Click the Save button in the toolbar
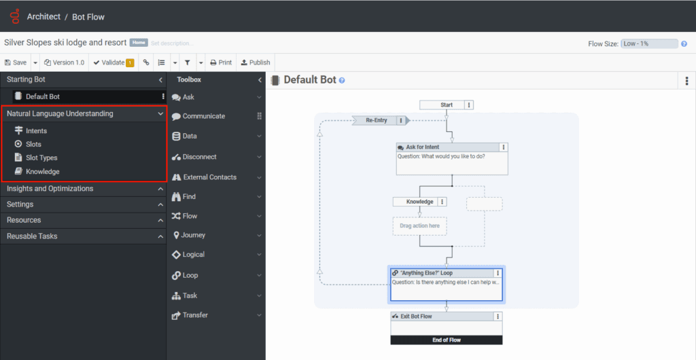16,62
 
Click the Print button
221,62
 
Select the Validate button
109,62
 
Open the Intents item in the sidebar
36,130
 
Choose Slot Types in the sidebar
41,158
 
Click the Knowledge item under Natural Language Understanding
42,172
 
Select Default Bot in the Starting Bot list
43,96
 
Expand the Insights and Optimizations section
50,188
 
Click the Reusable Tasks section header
32,236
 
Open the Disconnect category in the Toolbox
199,157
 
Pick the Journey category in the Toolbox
193,235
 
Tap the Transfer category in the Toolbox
195,315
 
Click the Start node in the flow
447,105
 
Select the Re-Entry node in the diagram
376,120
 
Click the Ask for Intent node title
422,147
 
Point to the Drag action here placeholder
419,226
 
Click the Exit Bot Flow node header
416,317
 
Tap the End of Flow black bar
446,340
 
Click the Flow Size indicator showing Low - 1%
649,43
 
